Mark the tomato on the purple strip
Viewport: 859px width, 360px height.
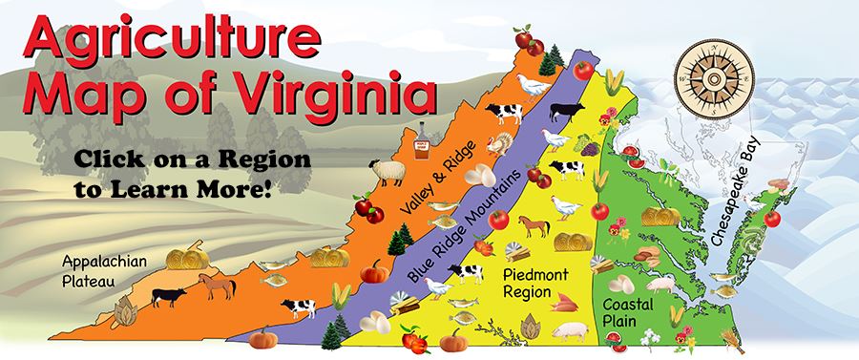pyautogui.click(x=580, y=69)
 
